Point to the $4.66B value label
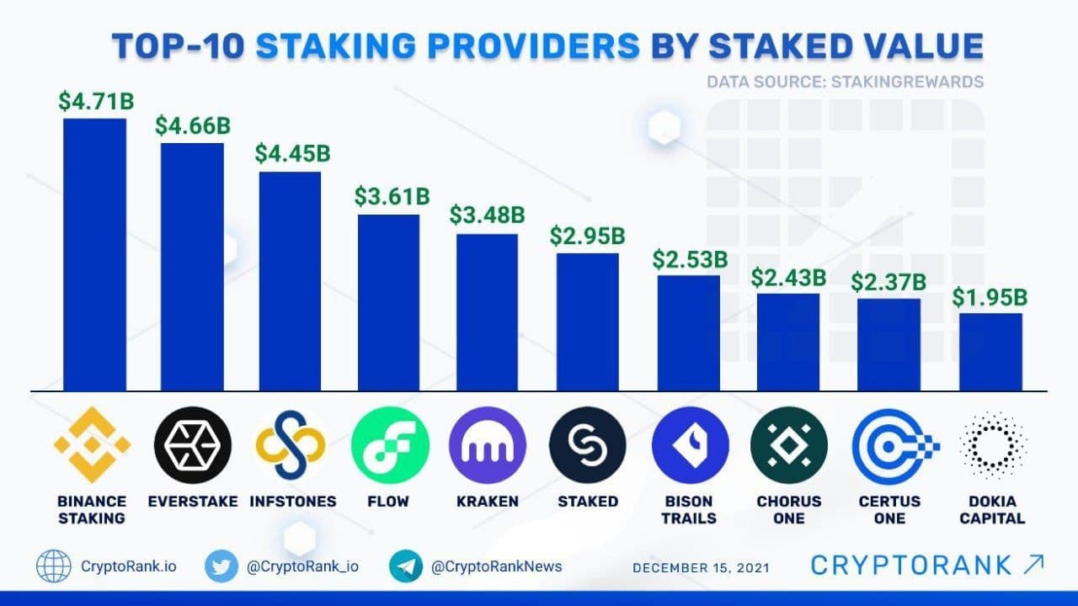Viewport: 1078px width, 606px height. tap(192, 126)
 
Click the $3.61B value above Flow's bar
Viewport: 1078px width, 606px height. tap(391, 198)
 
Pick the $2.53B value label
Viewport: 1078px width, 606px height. tap(689, 258)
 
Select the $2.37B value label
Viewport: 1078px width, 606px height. tap(889, 283)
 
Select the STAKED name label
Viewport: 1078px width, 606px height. tap(588, 502)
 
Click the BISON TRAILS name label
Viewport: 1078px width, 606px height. tap(689, 509)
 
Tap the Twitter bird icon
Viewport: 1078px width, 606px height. tap(222, 566)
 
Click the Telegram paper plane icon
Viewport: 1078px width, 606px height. tap(406, 566)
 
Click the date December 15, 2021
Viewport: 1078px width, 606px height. tap(701, 567)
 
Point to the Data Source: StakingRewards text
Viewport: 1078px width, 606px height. tap(846, 82)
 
